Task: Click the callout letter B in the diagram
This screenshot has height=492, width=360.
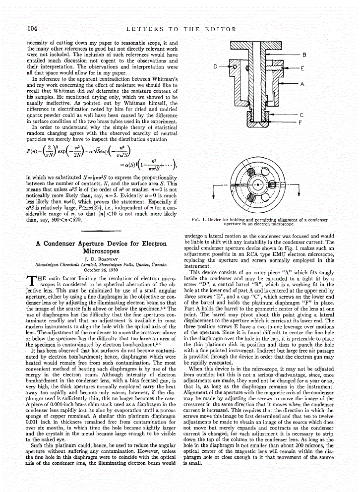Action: [304, 54]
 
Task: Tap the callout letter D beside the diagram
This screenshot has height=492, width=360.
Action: [216, 65]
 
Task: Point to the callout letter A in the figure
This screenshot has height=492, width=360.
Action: [301, 84]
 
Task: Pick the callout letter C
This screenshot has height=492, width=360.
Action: [301, 115]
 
